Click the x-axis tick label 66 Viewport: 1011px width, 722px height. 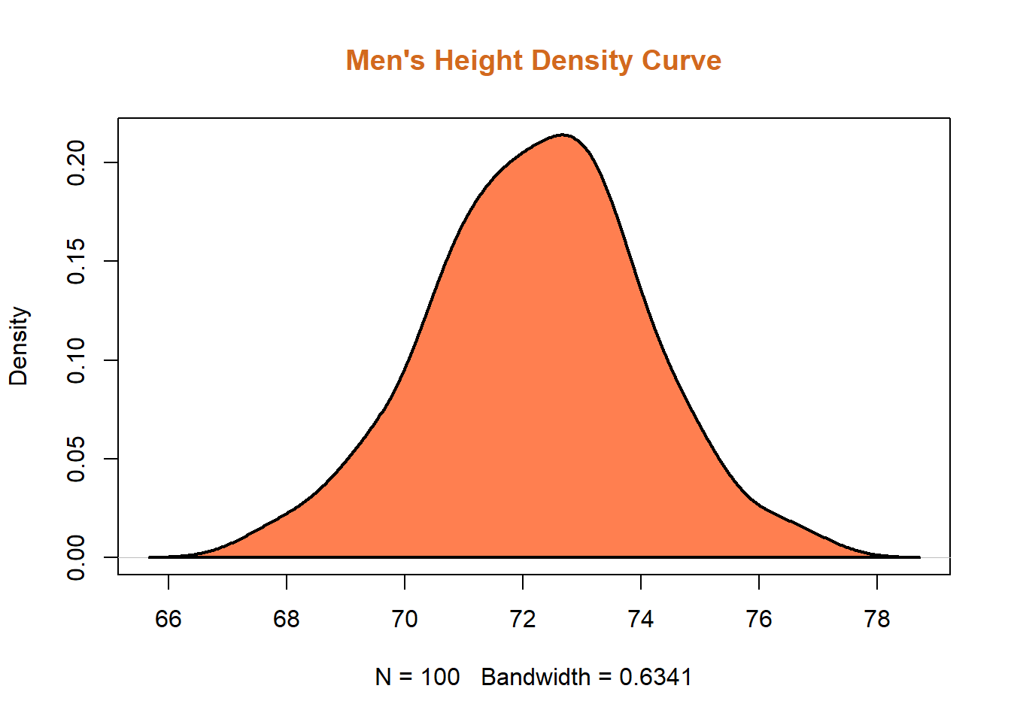(x=168, y=619)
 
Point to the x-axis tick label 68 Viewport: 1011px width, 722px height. (x=287, y=619)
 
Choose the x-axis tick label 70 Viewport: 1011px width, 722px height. (x=405, y=619)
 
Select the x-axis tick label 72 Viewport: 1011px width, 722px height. (x=523, y=619)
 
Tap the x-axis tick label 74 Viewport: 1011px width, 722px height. (x=641, y=619)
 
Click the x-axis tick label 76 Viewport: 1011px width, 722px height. (x=759, y=619)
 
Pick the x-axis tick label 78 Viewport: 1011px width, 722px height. (x=877, y=619)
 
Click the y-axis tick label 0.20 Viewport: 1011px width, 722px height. (x=77, y=162)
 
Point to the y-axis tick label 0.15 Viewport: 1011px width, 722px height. (x=77, y=261)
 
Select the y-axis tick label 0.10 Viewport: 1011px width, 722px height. (x=77, y=360)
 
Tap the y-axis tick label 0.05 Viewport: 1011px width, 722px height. (x=77, y=459)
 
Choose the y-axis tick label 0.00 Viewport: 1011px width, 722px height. (x=77, y=557)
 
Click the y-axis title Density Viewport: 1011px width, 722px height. (x=19, y=346)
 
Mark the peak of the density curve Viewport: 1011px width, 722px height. (x=563, y=135)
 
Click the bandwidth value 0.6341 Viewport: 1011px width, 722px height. (x=655, y=678)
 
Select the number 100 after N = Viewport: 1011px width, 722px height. (x=440, y=678)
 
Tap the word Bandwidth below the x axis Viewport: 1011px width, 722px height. (x=536, y=678)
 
